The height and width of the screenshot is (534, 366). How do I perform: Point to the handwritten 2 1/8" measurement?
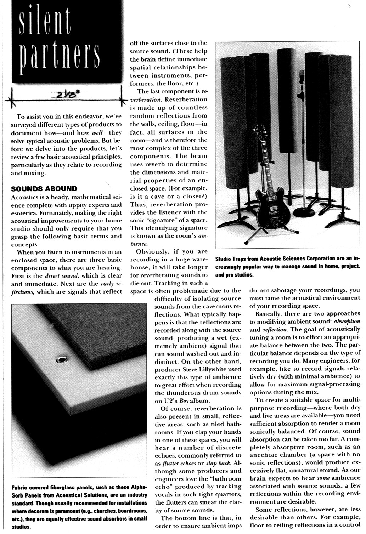pos(66,95)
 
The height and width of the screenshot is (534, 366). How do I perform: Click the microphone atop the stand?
pos(302,76)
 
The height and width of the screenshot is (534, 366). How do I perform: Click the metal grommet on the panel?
pos(62,360)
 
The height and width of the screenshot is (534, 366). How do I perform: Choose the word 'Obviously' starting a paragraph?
pos(152,251)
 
